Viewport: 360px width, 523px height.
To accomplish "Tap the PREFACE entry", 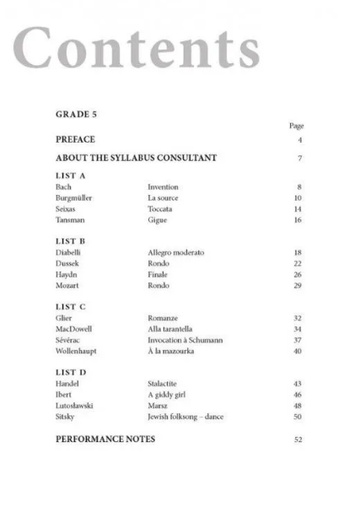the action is click(x=75, y=139).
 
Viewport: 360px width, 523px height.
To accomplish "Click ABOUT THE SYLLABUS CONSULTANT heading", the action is click(x=136, y=158).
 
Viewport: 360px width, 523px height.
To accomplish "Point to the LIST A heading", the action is click(x=71, y=175).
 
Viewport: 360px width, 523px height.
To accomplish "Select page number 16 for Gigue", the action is click(x=298, y=220).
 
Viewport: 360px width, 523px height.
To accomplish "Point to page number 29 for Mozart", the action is click(x=298, y=285).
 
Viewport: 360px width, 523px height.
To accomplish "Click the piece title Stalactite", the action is click(x=163, y=384).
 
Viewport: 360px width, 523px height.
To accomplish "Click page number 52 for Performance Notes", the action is click(x=298, y=439).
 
